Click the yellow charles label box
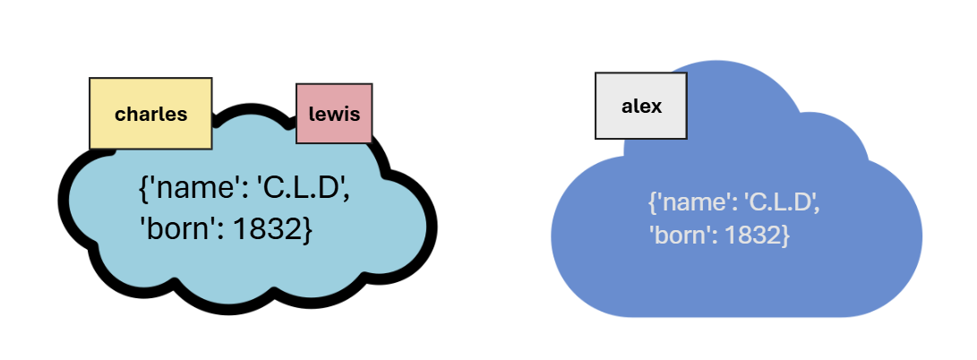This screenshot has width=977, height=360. (x=150, y=113)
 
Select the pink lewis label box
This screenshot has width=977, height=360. (x=334, y=113)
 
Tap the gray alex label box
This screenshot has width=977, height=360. (x=641, y=106)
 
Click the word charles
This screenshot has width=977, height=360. (x=150, y=115)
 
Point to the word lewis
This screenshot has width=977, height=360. (x=334, y=114)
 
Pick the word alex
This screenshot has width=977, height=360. (x=641, y=107)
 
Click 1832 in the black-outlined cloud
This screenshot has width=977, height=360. (x=265, y=229)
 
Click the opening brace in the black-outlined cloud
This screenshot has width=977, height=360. (x=143, y=190)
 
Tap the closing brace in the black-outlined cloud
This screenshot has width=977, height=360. (x=306, y=229)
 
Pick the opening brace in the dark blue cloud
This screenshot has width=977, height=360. (x=652, y=203)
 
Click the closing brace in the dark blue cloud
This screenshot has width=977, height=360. (x=785, y=237)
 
